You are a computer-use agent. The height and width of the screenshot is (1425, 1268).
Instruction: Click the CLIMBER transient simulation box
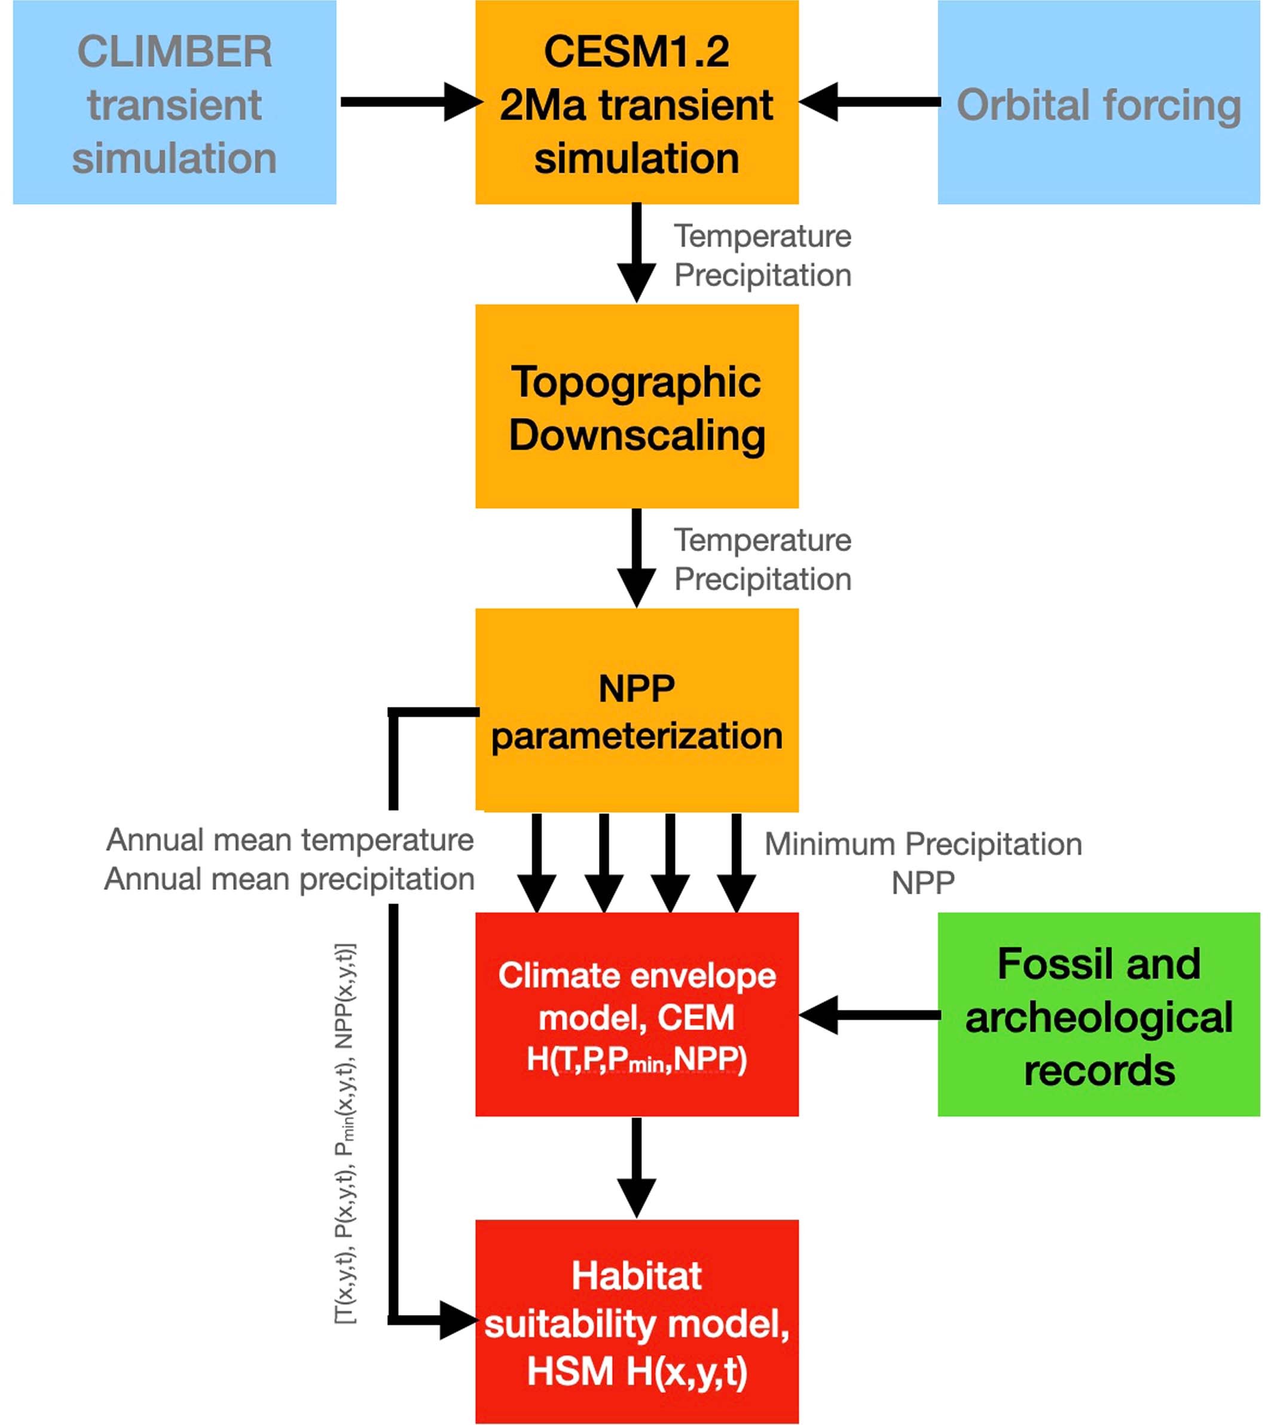[x=175, y=102]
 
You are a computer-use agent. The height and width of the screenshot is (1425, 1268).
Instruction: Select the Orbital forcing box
[x=1099, y=102]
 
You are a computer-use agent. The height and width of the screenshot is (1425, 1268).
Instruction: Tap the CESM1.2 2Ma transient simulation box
[x=637, y=102]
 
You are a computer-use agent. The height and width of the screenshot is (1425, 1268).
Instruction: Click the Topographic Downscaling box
[x=637, y=407]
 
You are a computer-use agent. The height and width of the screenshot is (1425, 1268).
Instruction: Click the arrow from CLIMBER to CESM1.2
[x=408, y=102]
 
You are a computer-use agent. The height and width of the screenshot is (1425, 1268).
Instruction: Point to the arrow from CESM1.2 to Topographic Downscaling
[x=637, y=252]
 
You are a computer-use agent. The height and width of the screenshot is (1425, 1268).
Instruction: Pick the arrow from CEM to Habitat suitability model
[x=637, y=1167]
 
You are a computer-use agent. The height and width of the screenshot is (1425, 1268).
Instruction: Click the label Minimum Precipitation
[x=923, y=844]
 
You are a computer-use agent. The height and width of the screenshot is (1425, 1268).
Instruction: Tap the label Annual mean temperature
[x=290, y=840]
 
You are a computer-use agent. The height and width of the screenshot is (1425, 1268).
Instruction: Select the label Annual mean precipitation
[x=290, y=879]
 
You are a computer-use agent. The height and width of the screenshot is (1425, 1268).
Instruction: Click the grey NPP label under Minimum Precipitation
[x=923, y=883]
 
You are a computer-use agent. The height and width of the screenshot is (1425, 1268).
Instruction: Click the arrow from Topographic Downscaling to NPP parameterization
[x=637, y=558]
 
